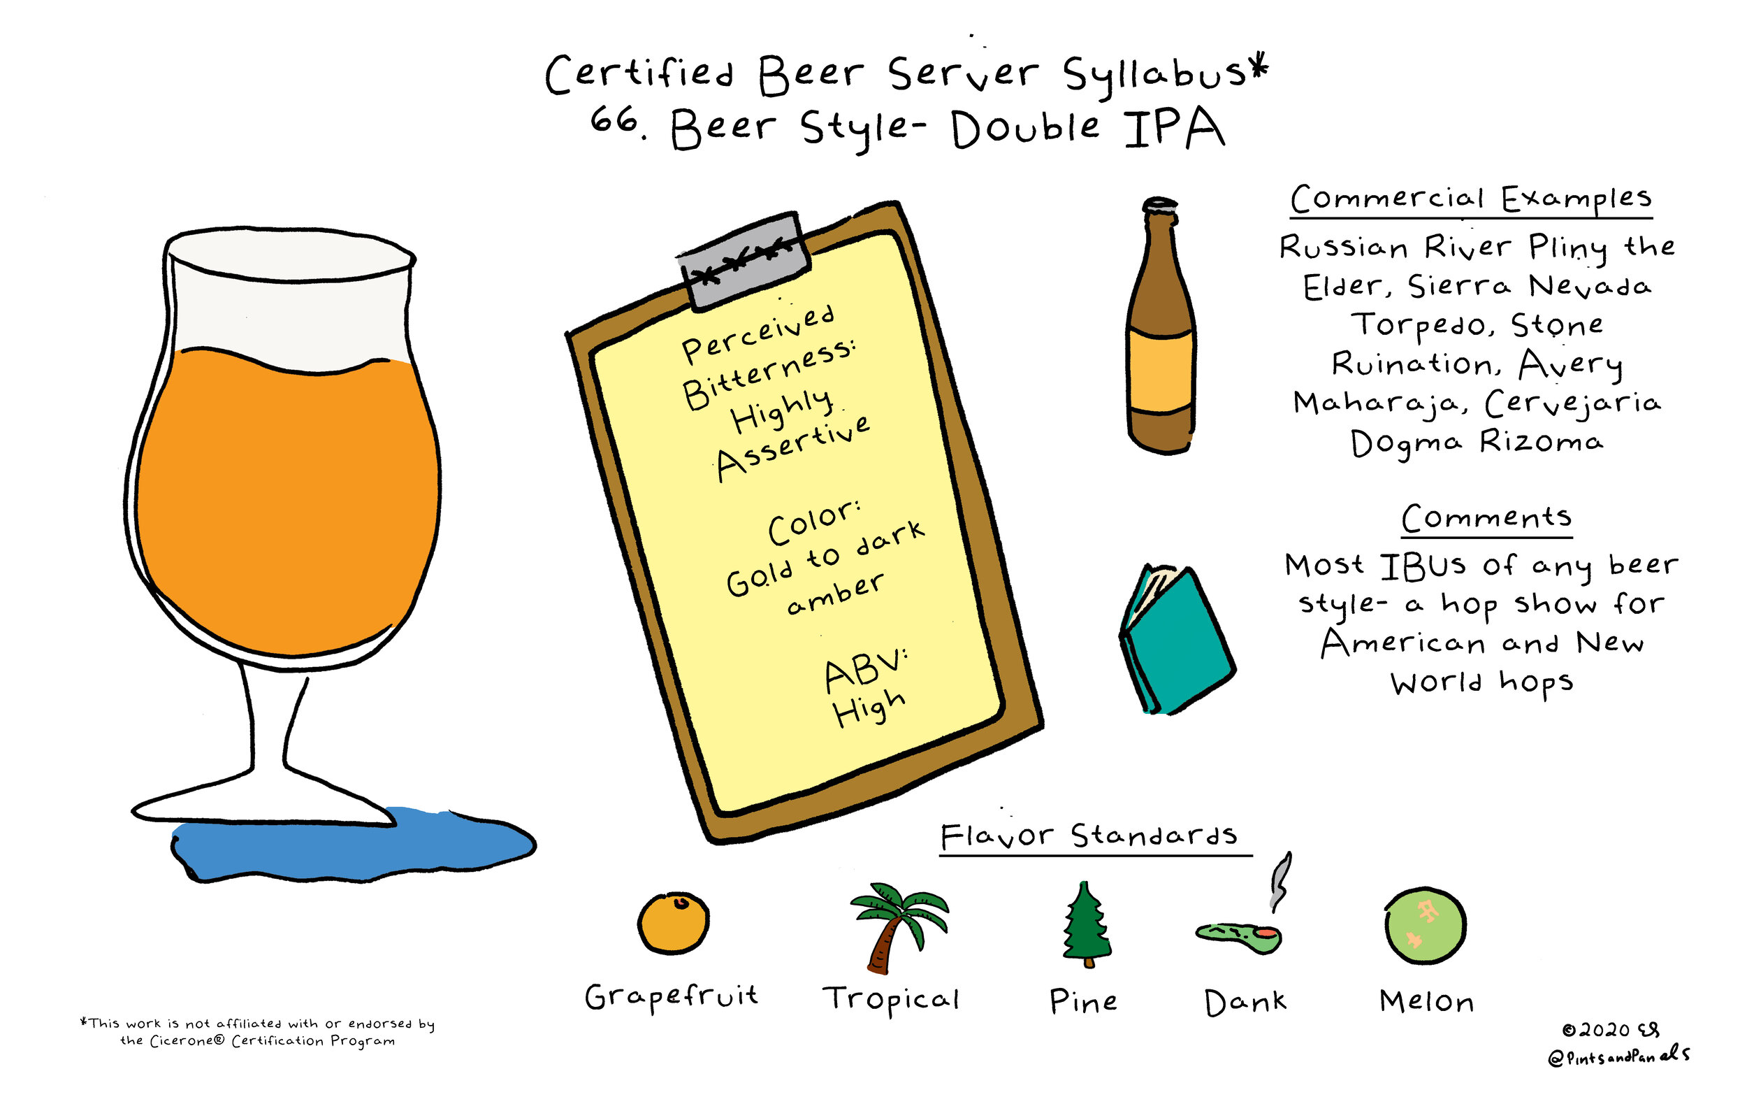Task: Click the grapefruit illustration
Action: pos(673,922)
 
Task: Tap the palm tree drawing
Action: pos(897,925)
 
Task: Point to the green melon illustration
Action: pos(1425,926)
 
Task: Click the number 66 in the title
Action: pos(614,120)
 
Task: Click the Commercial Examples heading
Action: pos(1470,198)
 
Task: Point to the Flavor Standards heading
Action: pos(1088,836)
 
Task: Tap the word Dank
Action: pos(1245,1002)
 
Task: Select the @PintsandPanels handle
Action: pos(1618,1056)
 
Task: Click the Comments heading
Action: pos(1486,517)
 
